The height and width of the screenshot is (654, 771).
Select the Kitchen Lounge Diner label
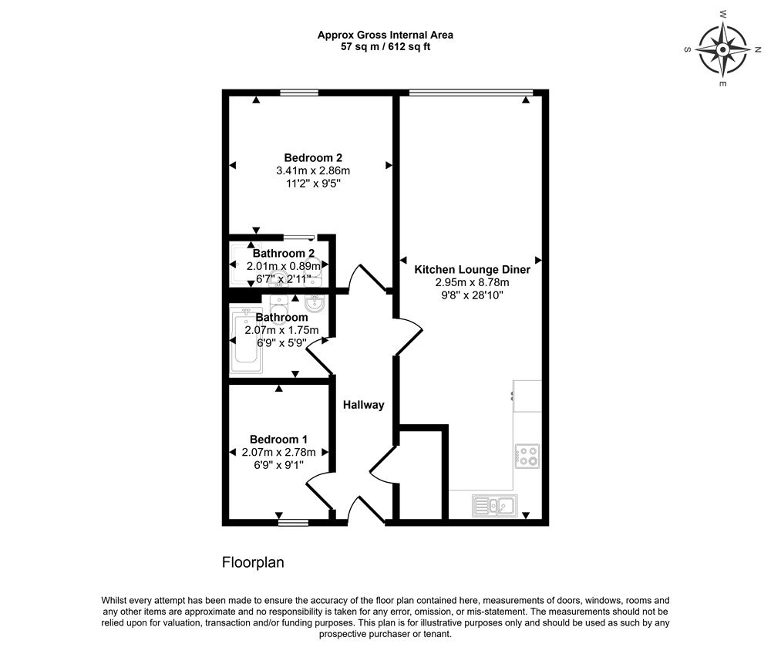click(x=473, y=270)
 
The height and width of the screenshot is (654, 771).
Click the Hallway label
click(x=363, y=405)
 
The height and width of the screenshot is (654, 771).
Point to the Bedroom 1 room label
click(x=278, y=439)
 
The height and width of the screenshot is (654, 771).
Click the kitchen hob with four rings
click(x=527, y=456)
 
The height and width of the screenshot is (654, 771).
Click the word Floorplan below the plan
click(x=253, y=563)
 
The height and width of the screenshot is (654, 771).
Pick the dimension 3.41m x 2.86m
click(x=313, y=171)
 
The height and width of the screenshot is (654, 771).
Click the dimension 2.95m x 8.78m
click(x=473, y=283)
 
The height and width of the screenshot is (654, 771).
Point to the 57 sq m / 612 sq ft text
click(x=386, y=46)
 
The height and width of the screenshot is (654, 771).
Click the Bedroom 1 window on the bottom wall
click(x=292, y=522)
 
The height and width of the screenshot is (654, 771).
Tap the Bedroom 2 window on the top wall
click(x=298, y=93)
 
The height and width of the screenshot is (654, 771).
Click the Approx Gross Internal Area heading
click(x=386, y=35)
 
